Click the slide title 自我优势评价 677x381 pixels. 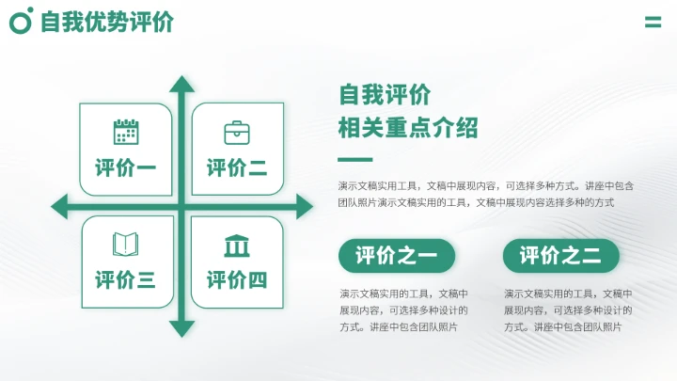[107, 22]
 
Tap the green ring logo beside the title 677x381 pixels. [21, 21]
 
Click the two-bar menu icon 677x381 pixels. [653, 22]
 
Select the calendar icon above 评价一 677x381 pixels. [126, 132]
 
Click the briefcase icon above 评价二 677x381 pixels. [237, 133]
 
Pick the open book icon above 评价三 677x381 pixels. [125, 244]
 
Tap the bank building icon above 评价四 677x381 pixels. [237, 246]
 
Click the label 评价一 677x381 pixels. [126, 167]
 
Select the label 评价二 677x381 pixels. [237, 167]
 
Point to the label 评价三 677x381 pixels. [126, 280]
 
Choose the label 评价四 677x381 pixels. [237, 280]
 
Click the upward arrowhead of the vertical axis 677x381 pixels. [181, 84]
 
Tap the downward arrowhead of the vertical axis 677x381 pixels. [181, 329]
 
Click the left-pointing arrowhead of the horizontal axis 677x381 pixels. [59, 206]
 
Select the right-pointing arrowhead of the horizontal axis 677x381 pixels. [305, 206]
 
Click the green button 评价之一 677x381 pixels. [397, 256]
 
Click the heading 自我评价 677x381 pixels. [385, 95]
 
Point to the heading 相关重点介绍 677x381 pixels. [408, 127]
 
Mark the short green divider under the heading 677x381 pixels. [354, 160]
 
